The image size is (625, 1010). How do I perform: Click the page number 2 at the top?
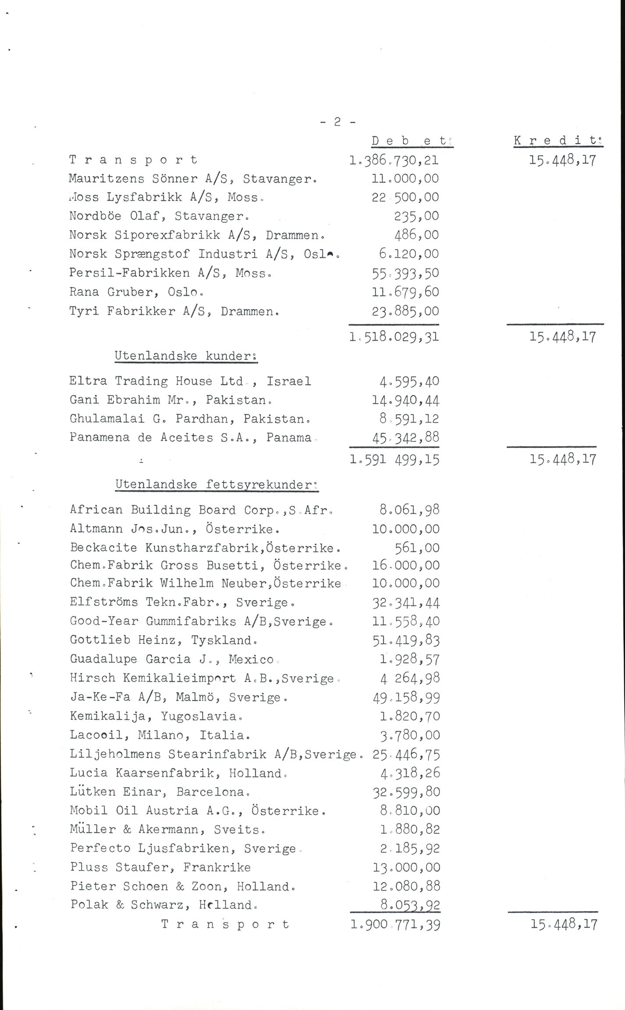pos(337,123)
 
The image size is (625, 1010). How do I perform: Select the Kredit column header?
pos(558,141)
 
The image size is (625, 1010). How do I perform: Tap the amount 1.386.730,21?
pos(394,160)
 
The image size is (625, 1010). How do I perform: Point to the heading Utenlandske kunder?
pos(186,356)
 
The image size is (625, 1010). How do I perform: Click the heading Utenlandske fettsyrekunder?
pos(217,484)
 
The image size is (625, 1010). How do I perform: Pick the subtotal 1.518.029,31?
pos(394,337)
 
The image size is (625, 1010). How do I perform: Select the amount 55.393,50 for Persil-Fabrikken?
pos(405,273)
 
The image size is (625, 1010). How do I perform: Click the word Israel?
pos(289,381)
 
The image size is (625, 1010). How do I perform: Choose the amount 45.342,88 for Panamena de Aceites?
pos(405,437)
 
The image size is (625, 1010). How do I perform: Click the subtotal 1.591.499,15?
pos(394,459)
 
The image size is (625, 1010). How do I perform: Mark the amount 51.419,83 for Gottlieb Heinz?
pos(405,640)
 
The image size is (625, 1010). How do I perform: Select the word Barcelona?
pos(213,792)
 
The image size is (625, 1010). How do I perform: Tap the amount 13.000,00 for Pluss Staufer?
pos(405,867)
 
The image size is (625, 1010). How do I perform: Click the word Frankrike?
pos(217,867)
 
